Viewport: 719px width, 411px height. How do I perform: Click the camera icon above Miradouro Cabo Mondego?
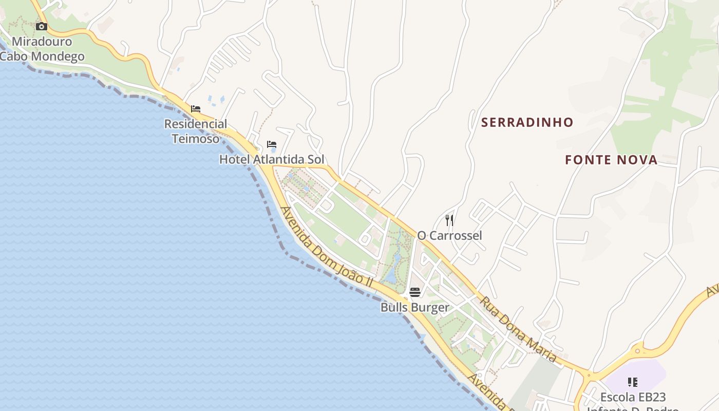(x=42, y=26)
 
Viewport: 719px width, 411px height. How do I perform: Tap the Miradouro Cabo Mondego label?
(x=42, y=49)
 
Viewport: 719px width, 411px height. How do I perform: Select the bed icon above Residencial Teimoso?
(x=196, y=109)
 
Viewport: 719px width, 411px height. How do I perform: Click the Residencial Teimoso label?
(x=196, y=131)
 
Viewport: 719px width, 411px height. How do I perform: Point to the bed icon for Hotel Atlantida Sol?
(x=272, y=144)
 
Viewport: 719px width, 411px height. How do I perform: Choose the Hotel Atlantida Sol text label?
(x=272, y=159)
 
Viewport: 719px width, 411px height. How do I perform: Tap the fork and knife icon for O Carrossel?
(x=449, y=220)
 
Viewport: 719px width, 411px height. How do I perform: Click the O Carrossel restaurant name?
(x=449, y=235)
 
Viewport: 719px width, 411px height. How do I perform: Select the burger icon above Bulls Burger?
(x=415, y=292)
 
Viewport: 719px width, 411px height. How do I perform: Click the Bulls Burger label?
(x=415, y=307)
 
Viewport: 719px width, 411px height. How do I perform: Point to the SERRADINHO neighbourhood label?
(x=527, y=122)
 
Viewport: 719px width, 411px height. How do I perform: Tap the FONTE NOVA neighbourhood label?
(x=611, y=160)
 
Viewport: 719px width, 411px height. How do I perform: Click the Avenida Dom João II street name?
(x=327, y=247)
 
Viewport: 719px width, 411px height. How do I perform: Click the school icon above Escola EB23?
(x=633, y=382)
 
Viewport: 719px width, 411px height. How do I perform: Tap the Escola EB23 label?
(x=633, y=397)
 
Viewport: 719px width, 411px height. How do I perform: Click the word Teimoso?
(x=196, y=138)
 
